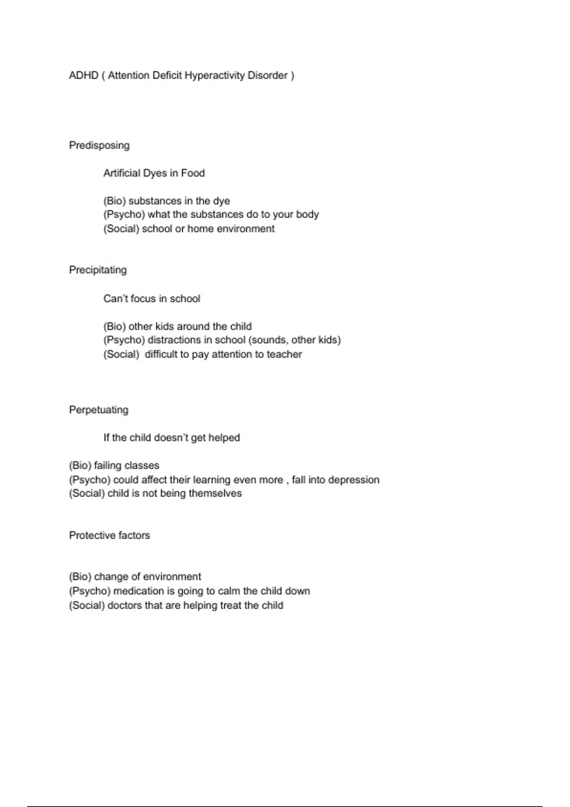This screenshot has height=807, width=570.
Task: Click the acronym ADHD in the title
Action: pos(84,75)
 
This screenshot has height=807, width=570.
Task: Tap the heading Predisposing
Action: pos(99,145)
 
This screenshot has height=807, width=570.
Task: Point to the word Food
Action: pos(193,173)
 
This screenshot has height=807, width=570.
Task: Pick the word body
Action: pos(307,215)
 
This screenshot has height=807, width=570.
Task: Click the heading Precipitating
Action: pos(98,270)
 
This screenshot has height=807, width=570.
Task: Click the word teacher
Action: pos(284,354)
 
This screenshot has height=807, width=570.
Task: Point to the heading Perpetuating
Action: pos(99,410)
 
